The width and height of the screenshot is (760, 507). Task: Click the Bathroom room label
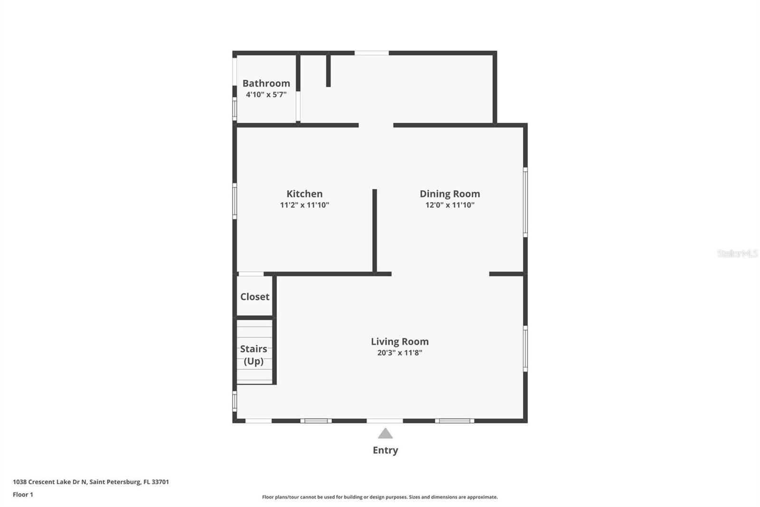click(266, 83)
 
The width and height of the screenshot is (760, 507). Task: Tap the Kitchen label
click(304, 194)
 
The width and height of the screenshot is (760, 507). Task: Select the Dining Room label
click(450, 194)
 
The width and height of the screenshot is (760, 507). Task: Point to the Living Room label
click(399, 341)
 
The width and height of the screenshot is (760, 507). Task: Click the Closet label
click(255, 297)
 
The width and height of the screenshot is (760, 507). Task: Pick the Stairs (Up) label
click(254, 355)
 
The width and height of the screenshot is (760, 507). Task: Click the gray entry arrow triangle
click(385, 433)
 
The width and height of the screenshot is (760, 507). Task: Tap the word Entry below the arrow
click(385, 450)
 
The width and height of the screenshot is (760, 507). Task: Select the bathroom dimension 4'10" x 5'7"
click(266, 95)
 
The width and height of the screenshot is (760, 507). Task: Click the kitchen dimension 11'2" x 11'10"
click(304, 205)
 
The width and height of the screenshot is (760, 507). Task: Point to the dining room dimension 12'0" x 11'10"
click(450, 205)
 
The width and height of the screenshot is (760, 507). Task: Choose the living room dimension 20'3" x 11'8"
click(399, 353)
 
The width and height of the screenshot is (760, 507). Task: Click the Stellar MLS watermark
click(737, 253)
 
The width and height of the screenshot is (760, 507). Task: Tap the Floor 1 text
click(23, 495)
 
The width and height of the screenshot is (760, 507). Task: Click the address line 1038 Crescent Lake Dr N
click(91, 482)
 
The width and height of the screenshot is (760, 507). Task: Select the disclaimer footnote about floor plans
click(380, 497)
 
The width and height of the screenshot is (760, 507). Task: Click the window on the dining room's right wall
click(525, 202)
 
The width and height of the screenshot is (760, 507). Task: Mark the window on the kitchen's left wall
click(235, 201)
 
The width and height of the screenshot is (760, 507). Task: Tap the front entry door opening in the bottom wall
click(385, 420)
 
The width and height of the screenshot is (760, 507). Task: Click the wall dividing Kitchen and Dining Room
click(374, 231)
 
